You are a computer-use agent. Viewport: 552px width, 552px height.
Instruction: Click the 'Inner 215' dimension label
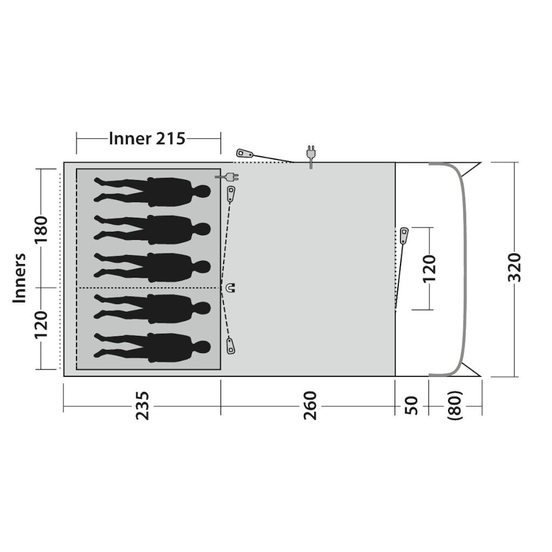[x=147, y=139]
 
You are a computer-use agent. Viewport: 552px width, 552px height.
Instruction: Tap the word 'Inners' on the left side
[x=20, y=278]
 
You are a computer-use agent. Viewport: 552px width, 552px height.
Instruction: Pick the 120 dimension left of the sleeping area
[x=41, y=324]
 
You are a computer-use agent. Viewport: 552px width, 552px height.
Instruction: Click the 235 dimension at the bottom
[x=143, y=405]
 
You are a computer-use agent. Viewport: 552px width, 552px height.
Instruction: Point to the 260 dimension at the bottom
[x=310, y=405]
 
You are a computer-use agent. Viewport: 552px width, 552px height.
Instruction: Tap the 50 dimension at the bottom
[x=411, y=405]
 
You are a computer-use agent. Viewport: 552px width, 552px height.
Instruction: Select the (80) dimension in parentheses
[x=454, y=405]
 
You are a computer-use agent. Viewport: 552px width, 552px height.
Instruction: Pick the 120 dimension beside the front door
[x=430, y=269]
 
